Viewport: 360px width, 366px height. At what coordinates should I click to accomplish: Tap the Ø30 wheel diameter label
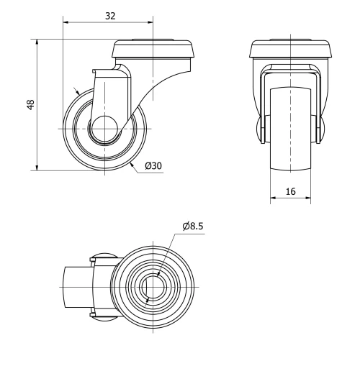point(153,165)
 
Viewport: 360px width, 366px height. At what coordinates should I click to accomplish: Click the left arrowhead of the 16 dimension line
point(274,196)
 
